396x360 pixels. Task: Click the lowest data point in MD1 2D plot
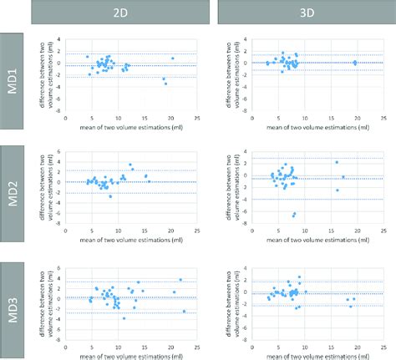165,84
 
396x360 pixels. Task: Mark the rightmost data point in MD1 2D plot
173,58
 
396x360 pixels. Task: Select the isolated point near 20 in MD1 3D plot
354,62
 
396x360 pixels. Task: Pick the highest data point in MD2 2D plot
130,165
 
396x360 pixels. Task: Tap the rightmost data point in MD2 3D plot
343,177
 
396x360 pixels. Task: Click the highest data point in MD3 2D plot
180,280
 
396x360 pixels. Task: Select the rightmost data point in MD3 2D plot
184,311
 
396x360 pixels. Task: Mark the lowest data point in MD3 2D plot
124,318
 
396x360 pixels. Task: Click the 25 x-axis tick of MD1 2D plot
196,119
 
